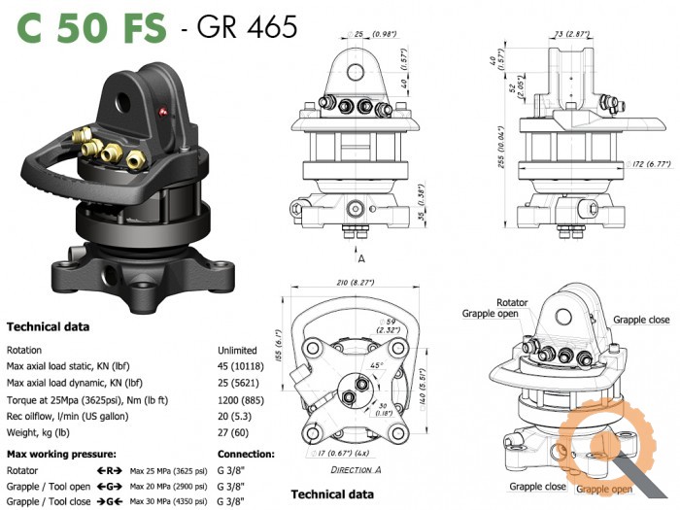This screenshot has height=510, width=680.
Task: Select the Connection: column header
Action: tap(246, 454)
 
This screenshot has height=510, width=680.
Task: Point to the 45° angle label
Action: tap(376, 365)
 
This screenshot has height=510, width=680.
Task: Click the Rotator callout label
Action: tap(512, 302)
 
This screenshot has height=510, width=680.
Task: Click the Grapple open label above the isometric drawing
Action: tap(498, 315)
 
